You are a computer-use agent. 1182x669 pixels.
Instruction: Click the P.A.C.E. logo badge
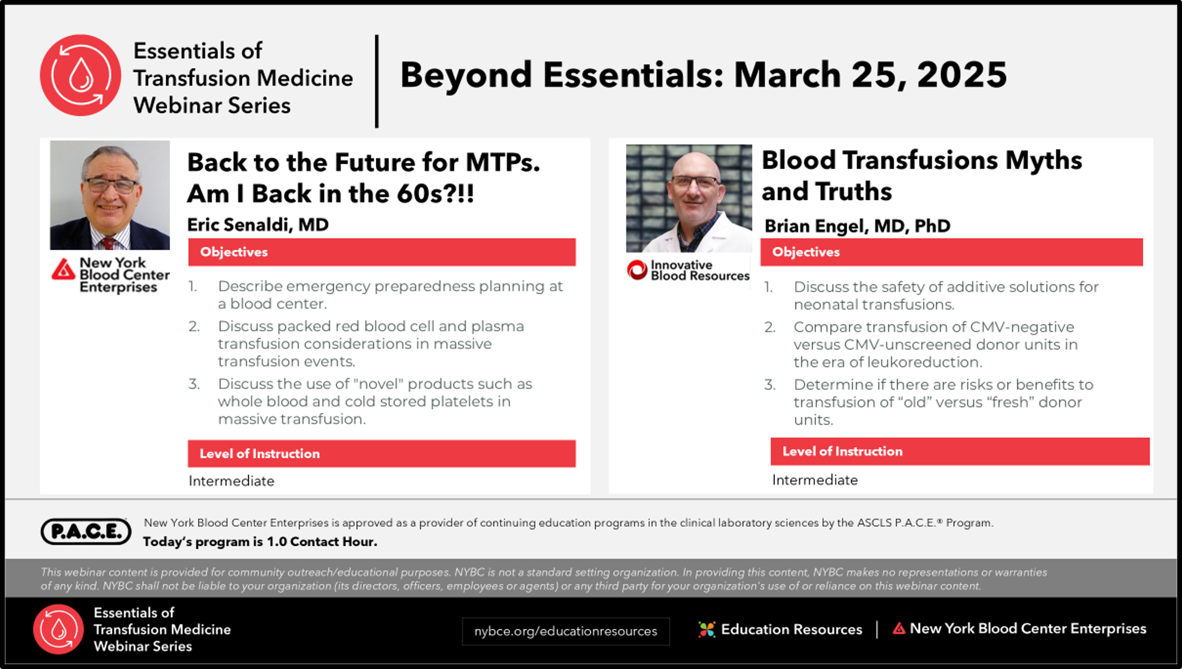[86, 531]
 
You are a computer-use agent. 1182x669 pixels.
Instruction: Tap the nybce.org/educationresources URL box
[565, 631]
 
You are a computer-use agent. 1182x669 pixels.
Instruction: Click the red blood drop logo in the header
[80, 75]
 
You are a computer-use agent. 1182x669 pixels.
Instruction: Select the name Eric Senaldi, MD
[258, 225]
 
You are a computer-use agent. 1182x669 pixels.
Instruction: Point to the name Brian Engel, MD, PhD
[857, 226]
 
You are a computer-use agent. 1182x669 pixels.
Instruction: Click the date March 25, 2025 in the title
[870, 75]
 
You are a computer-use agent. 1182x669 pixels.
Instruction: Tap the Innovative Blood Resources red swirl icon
[637, 270]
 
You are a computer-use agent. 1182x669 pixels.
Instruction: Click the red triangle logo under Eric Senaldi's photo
[63, 269]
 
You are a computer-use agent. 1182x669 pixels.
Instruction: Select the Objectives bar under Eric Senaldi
[382, 252]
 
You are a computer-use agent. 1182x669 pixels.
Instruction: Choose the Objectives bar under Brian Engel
[951, 252]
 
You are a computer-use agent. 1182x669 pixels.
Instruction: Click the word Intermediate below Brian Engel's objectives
[815, 480]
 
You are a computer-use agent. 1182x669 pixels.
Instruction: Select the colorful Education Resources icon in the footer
[707, 629]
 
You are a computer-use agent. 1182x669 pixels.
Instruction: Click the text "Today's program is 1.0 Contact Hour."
[260, 542]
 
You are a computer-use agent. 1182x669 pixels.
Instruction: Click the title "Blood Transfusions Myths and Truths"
[922, 175]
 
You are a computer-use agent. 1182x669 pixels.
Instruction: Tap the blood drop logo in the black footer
[58, 629]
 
